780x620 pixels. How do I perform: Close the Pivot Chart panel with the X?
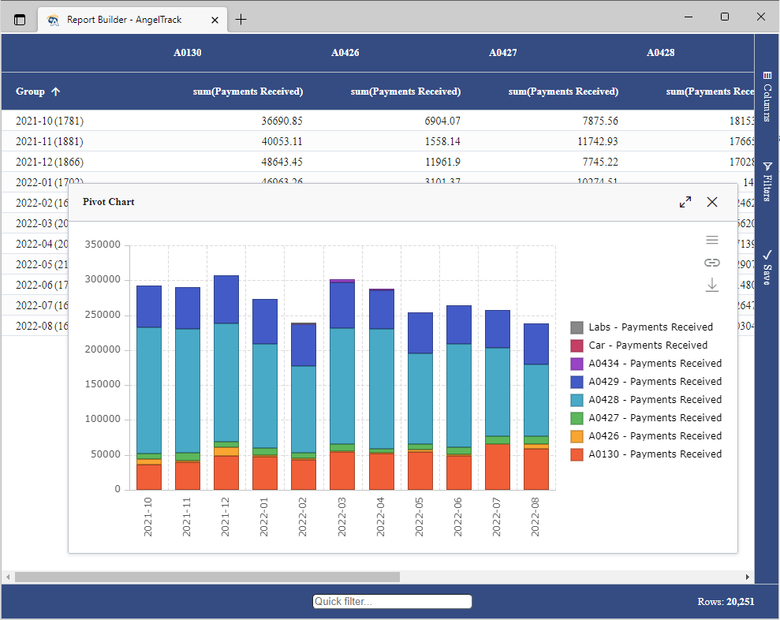(x=712, y=202)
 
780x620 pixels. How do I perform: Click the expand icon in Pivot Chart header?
(x=685, y=202)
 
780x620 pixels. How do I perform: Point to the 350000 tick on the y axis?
(x=103, y=245)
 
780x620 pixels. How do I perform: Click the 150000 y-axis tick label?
(x=103, y=385)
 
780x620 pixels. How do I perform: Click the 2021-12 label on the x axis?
(x=226, y=516)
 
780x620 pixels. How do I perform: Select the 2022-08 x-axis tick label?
(x=536, y=516)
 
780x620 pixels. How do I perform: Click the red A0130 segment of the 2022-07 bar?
(x=497, y=467)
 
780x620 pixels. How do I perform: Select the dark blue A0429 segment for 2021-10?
(x=149, y=307)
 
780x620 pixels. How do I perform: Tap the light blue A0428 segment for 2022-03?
(x=342, y=385)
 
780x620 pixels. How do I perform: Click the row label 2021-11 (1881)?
(x=50, y=142)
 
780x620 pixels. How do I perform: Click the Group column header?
(x=31, y=92)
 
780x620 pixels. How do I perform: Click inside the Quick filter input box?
(x=392, y=602)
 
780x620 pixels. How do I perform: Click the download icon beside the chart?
(x=712, y=286)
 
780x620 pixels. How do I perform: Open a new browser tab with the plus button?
(x=241, y=20)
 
